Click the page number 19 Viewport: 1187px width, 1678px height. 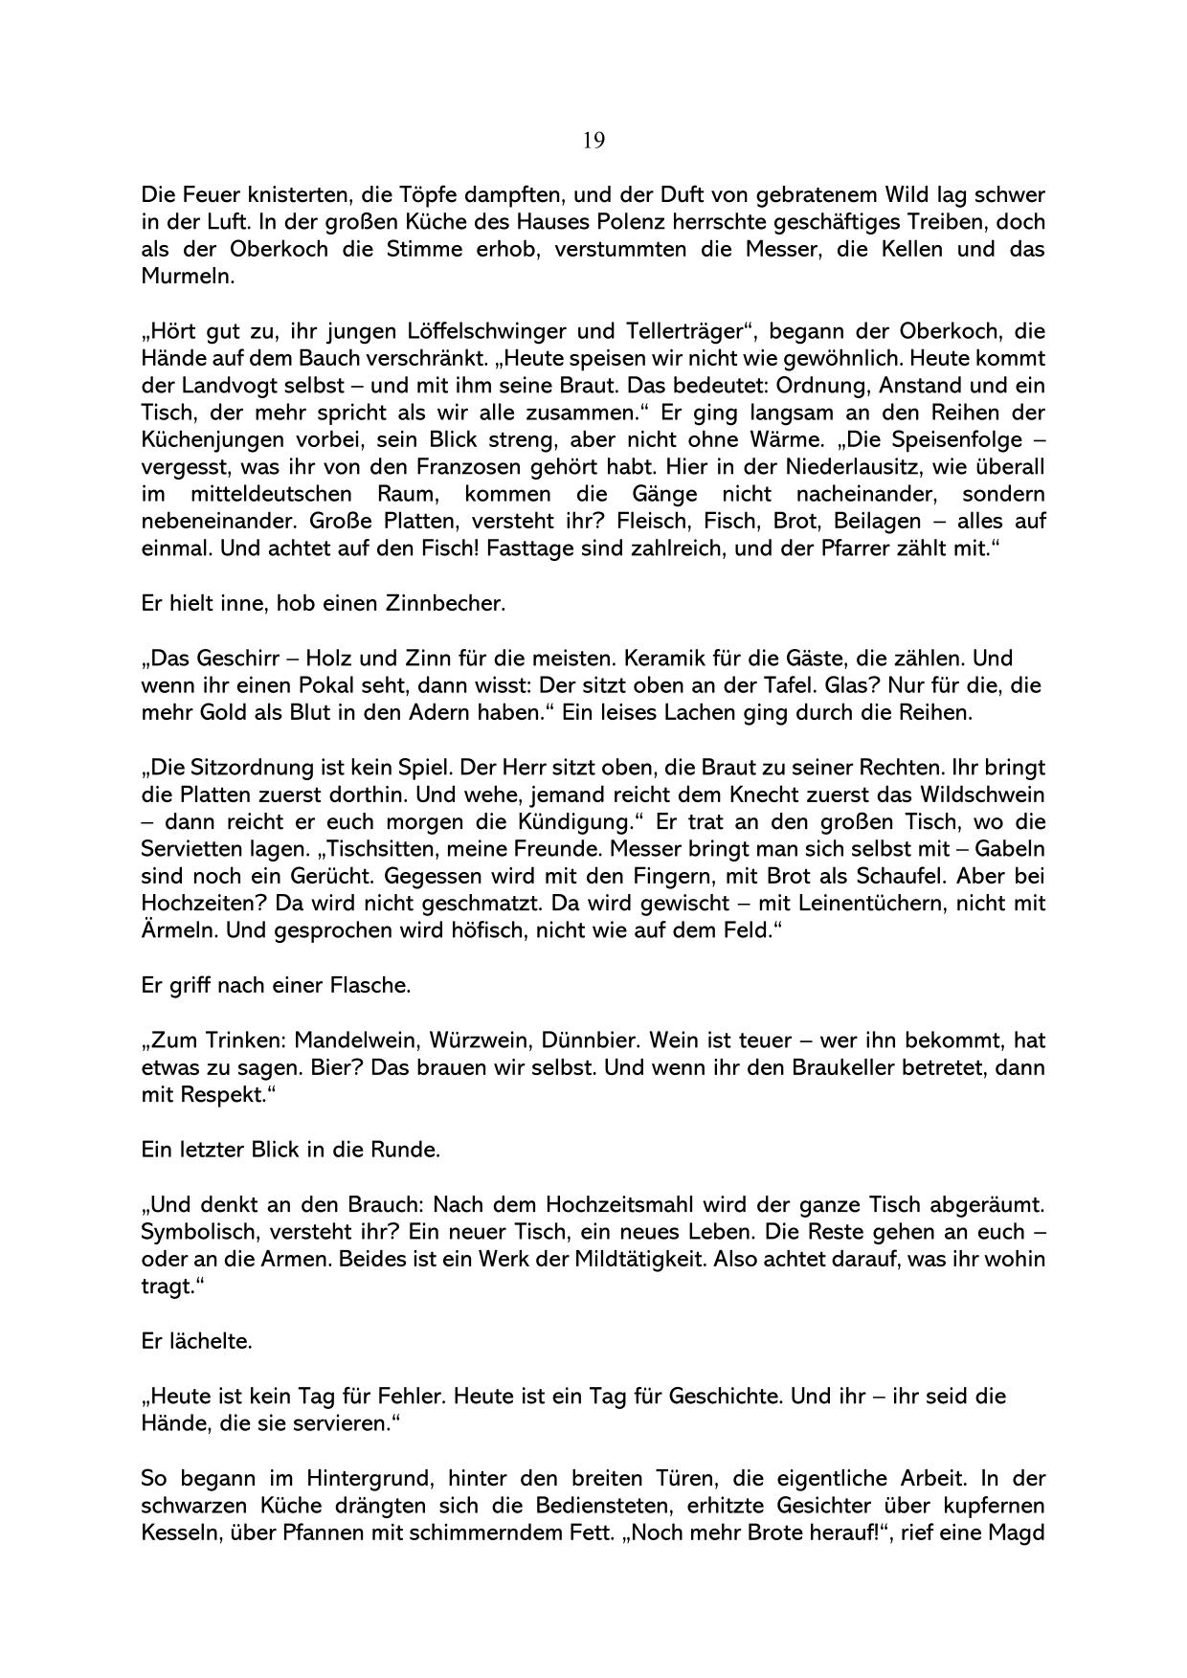click(x=593, y=141)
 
